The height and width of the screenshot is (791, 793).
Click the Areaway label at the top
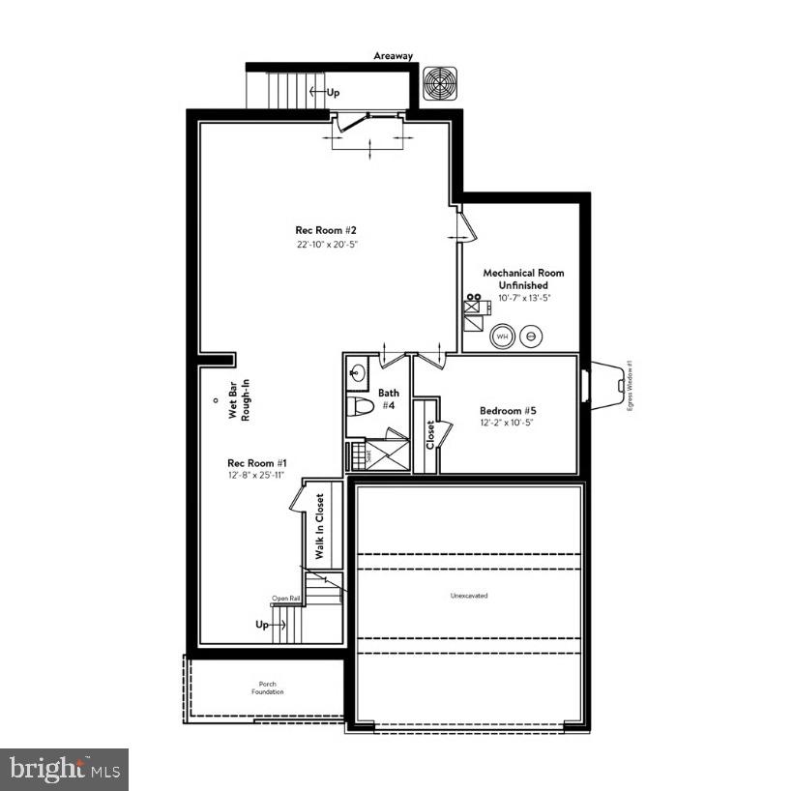tap(393, 56)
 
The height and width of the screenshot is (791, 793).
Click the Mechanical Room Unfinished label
tap(523, 278)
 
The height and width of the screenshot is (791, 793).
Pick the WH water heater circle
tap(502, 337)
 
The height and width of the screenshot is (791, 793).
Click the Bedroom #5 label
tap(508, 411)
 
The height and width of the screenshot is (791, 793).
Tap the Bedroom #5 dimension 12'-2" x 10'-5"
tap(508, 424)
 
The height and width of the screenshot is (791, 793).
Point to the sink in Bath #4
tap(357, 371)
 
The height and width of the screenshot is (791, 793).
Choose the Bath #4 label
tap(388, 399)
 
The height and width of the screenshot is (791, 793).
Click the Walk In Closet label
tap(319, 527)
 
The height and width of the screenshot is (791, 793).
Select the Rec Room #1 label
tap(256, 462)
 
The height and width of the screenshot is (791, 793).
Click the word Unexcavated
tap(469, 596)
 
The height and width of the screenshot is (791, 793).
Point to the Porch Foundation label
tap(267, 687)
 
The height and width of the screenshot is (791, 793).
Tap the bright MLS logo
tap(64, 769)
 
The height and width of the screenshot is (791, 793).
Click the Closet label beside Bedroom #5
tap(429, 435)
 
